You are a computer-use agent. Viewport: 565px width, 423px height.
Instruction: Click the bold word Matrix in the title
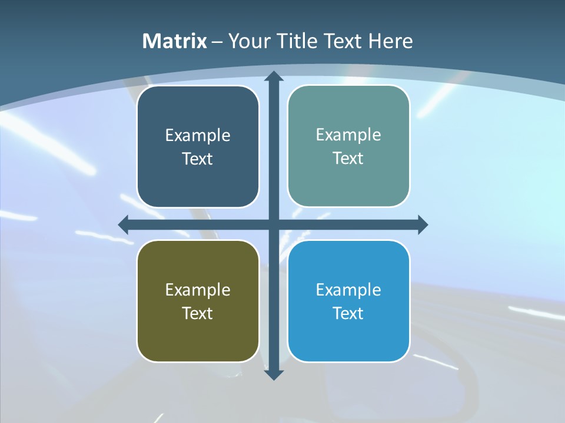[x=175, y=41]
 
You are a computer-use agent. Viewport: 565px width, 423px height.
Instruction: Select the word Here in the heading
[x=391, y=41]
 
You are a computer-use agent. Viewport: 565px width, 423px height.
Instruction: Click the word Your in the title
[x=248, y=41]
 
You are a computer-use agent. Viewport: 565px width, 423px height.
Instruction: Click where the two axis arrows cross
[x=273, y=224]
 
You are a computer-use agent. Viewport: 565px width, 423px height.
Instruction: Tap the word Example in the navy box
[x=198, y=136]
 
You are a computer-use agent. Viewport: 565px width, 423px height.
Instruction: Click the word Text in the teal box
[x=348, y=159]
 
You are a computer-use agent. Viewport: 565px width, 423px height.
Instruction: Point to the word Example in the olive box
[x=198, y=290]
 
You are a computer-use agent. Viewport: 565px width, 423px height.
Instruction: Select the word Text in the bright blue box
[x=348, y=313]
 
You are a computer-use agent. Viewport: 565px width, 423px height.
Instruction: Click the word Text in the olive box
[x=198, y=313]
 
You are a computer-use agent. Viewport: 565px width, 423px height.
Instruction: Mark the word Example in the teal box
[x=348, y=135]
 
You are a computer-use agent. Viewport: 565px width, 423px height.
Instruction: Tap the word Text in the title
[x=342, y=41]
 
